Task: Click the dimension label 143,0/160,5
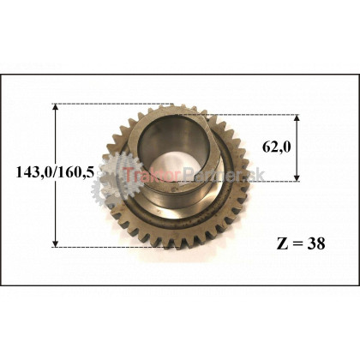(x=55, y=172)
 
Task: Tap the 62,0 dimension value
(x=277, y=147)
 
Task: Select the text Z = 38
(x=301, y=244)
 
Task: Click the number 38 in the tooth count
(x=316, y=244)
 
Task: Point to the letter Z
(x=281, y=244)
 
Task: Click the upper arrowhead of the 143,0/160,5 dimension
(x=56, y=107)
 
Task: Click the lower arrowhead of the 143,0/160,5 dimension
(x=56, y=243)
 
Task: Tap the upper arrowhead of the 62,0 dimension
(x=297, y=118)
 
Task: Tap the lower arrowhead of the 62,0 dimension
(x=297, y=177)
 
